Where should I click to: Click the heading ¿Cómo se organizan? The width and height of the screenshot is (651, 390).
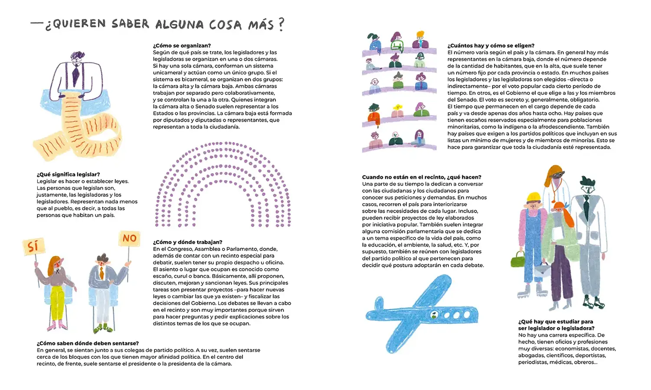(x=182, y=45)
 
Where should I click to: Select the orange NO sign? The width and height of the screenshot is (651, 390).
(x=129, y=238)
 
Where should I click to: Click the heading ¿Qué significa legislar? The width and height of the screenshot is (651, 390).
(x=68, y=175)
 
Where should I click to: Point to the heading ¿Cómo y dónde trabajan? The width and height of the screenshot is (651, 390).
(x=187, y=242)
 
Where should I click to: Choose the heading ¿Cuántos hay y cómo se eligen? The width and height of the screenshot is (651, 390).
(x=491, y=45)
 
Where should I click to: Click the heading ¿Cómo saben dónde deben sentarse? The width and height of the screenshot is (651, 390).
(x=88, y=344)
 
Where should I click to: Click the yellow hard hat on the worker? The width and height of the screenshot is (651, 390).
(x=532, y=198)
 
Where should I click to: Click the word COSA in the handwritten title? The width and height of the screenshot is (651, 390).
(x=225, y=24)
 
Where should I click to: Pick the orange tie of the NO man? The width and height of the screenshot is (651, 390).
(x=101, y=273)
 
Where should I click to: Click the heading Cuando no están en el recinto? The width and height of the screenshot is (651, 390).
(x=422, y=177)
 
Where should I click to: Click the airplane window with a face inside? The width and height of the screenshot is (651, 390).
(x=434, y=315)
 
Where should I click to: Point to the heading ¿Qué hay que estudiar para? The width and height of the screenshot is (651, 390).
(x=556, y=322)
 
